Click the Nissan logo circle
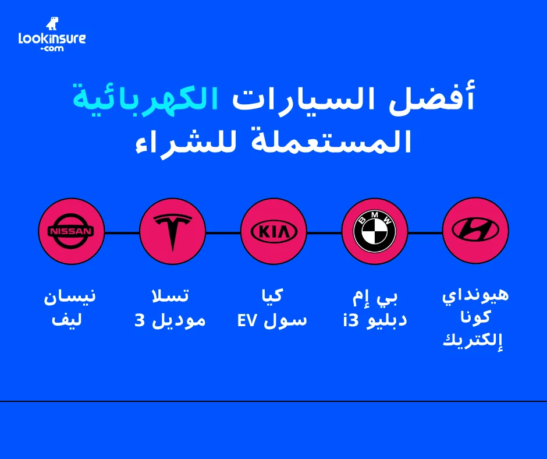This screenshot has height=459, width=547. pos(71,231)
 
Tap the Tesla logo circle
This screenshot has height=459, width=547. pos(173,231)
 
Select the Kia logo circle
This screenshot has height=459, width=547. pos(273,231)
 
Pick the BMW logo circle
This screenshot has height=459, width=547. pos(375,231)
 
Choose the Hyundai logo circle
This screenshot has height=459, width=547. pos(475,231)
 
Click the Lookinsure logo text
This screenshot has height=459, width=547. pos(52,39)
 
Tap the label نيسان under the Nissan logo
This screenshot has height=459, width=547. pos(70,296)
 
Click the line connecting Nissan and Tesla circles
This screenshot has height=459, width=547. pos(122,232)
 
